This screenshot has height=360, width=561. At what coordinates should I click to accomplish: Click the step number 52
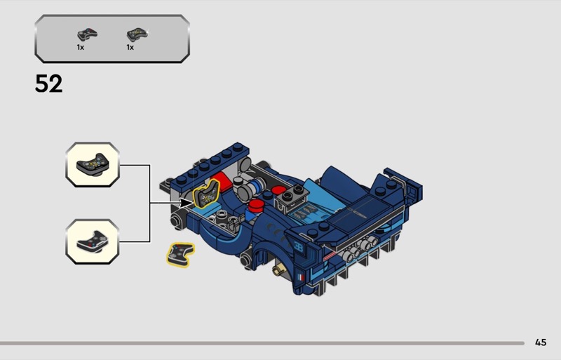tap(48, 84)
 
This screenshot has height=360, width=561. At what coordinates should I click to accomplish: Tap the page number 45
tap(541, 342)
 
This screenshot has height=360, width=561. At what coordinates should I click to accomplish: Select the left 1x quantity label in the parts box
tap(81, 47)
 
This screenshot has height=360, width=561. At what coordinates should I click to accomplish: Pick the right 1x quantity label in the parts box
tap(130, 47)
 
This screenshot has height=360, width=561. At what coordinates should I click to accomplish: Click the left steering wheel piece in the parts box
tap(87, 34)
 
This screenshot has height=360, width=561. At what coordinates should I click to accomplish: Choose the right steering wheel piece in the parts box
tap(137, 34)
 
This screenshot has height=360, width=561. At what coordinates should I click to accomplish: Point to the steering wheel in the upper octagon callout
tap(93, 165)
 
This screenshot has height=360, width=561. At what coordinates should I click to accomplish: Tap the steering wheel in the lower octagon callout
tap(93, 242)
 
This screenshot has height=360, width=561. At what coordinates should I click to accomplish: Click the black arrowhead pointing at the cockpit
tap(187, 203)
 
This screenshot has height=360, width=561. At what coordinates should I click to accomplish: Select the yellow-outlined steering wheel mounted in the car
tap(206, 194)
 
